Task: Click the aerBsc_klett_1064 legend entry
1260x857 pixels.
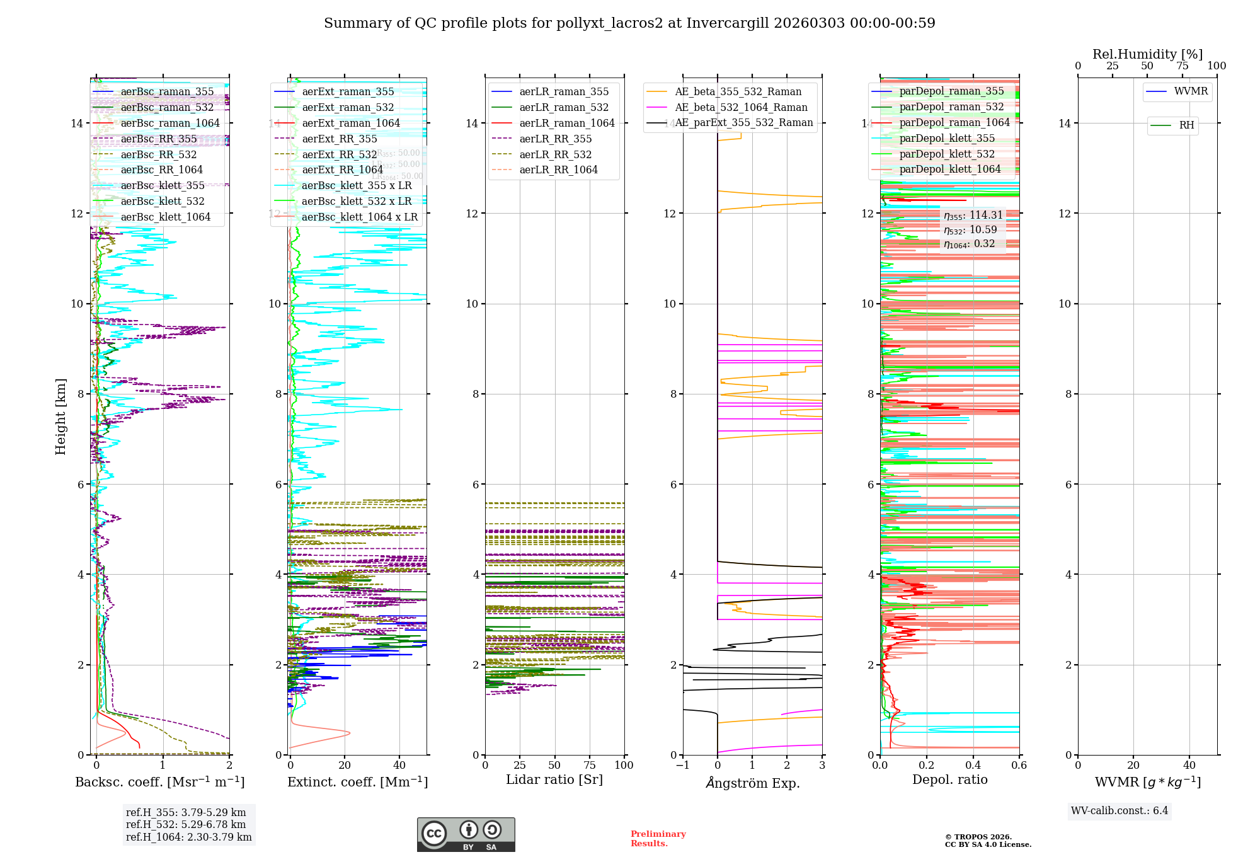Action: pos(165,217)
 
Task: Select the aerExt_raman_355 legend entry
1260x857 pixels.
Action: pos(348,91)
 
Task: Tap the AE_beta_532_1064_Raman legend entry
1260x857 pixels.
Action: pos(741,107)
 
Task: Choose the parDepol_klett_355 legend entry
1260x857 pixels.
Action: pos(947,138)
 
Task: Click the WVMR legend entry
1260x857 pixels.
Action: pos(1191,91)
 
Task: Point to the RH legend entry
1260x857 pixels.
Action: pos(1186,125)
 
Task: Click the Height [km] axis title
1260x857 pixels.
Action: pos(60,417)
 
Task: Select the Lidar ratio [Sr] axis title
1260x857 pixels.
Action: pos(554,779)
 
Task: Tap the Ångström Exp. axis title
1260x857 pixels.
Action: pos(752,783)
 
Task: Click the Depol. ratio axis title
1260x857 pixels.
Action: pos(949,779)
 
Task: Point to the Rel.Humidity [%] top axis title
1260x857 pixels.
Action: pos(1147,54)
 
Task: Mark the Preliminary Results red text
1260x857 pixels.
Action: pos(658,839)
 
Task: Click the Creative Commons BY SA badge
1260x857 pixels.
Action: pos(466,834)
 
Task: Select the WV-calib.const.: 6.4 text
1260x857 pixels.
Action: pos(1119,810)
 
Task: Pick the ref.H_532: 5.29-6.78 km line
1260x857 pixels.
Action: pos(185,824)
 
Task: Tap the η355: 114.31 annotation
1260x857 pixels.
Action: pos(973,216)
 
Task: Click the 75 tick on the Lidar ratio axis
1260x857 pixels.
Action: pos(590,765)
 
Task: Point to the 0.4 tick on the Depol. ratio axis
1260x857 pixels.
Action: pos(973,765)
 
